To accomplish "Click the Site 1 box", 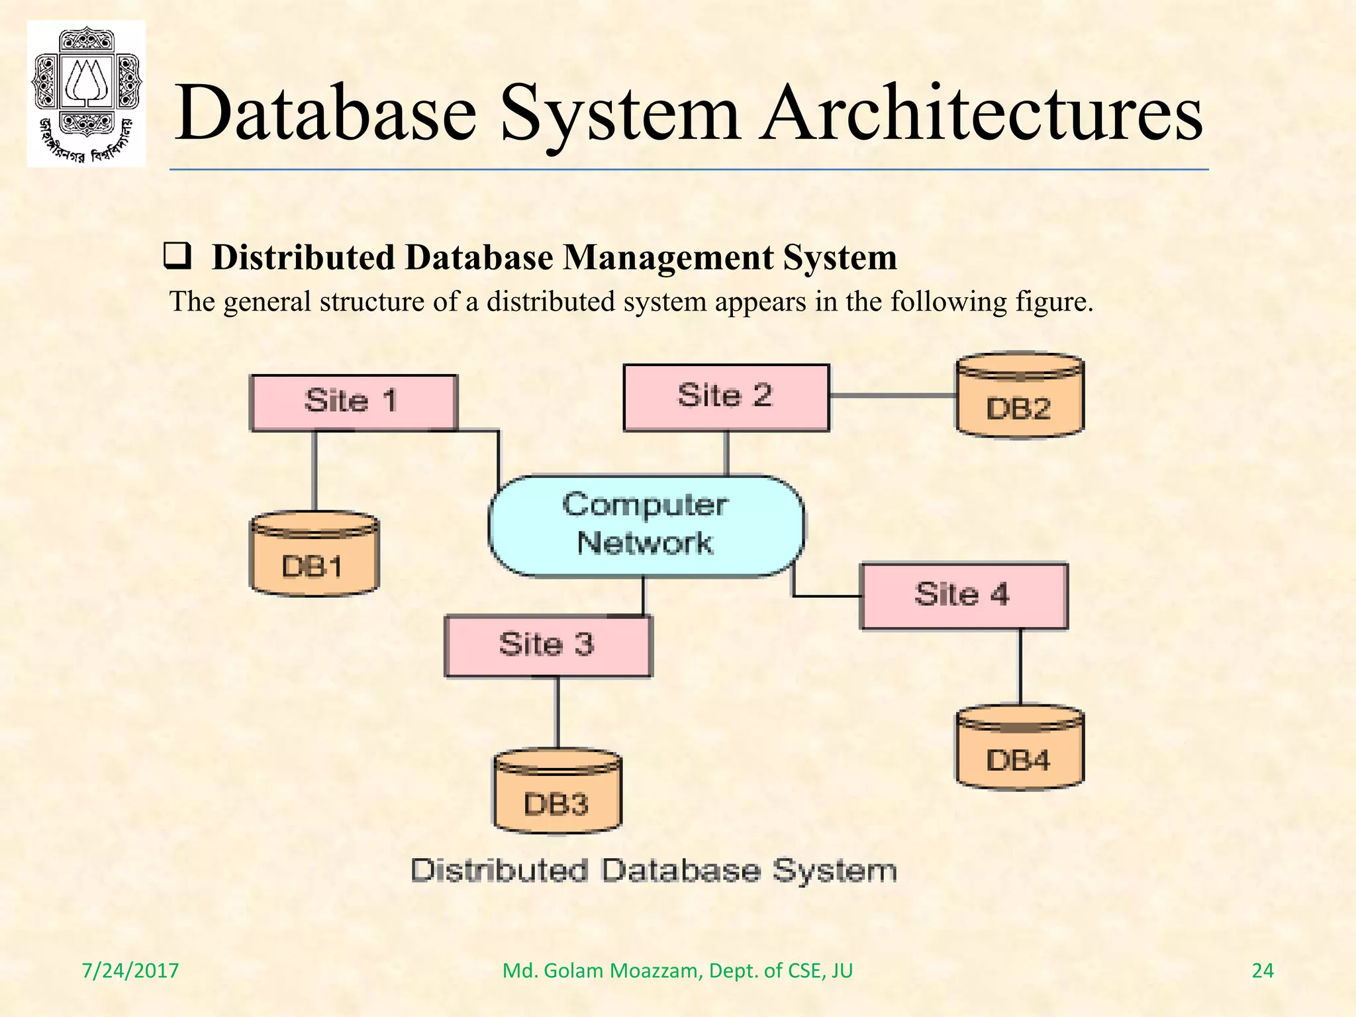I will tap(354, 403).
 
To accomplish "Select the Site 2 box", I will tap(726, 397).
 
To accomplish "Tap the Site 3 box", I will tap(548, 646).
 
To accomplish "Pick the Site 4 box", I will tap(963, 596).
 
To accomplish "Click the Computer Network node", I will tap(646, 525).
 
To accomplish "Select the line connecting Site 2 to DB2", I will tap(892, 395).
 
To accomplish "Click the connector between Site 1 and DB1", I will tap(315, 471).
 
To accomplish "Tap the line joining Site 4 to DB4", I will tap(1020, 666).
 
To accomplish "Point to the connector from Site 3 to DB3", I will tap(557, 713).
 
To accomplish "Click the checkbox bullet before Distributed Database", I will tap(177, 257).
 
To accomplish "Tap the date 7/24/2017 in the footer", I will tap(130, 971).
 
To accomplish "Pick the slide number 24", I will tap(1263, 971).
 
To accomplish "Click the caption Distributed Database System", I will tap(654, 871).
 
